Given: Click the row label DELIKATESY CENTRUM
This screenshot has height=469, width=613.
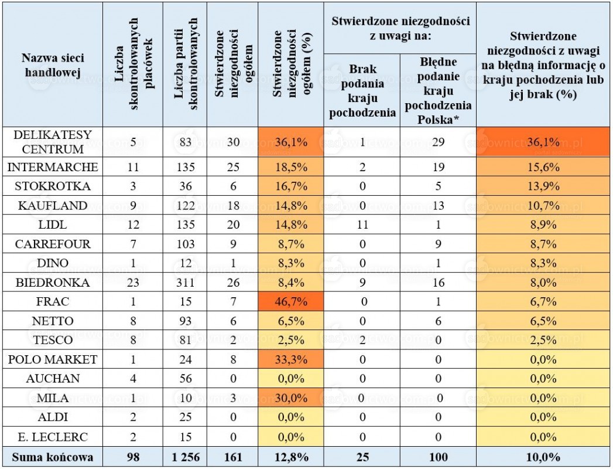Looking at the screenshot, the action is [52, 142].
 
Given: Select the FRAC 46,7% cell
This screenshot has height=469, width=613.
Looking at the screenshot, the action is [291, 301].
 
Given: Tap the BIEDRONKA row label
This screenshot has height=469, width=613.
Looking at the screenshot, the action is [52, 282].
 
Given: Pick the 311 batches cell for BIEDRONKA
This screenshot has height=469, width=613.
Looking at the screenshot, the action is [186, 282].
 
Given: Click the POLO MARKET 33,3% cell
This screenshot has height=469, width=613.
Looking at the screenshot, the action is [291, 359].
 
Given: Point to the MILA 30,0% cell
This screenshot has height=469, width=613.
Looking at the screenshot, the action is [291, 398].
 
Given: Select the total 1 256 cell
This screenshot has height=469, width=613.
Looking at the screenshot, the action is [186, 457].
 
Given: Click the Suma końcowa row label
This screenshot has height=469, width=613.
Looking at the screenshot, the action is [52, 457].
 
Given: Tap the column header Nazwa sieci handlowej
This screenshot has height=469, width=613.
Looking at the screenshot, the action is [52, 65].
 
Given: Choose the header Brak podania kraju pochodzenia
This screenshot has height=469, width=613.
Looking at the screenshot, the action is [362, 91].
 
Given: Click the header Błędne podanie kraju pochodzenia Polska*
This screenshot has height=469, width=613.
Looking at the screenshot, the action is [439, 90].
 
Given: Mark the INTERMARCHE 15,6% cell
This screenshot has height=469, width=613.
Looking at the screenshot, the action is [543, 167].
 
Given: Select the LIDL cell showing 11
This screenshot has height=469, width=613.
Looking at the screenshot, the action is [362, 225].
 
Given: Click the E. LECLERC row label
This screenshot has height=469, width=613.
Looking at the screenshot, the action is [52, 437].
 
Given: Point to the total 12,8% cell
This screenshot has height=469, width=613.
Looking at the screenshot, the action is [291, 457].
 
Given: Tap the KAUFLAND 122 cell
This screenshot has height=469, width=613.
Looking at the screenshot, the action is [186, 205].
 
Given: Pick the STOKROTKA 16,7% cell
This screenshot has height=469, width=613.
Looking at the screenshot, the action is [291, 186].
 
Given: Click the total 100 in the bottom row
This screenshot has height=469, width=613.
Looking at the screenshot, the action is [439, 457].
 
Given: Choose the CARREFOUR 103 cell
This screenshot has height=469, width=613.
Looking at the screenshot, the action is [186, 244].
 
